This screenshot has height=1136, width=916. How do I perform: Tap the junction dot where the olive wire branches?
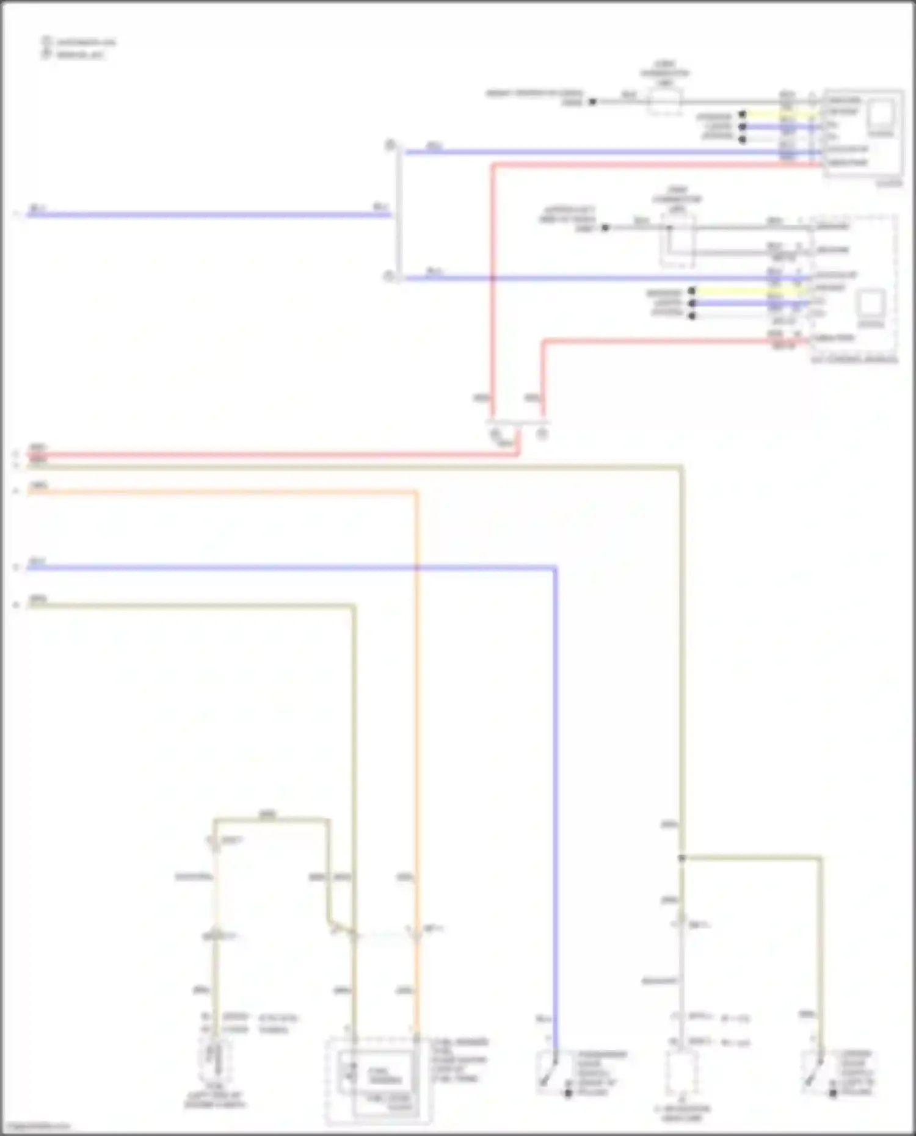click(682, 858)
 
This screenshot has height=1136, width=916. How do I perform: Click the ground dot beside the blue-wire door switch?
click(569, 1093)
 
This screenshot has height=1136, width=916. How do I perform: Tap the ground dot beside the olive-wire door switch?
click(834, 1093)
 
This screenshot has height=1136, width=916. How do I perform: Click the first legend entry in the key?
click(79, 42)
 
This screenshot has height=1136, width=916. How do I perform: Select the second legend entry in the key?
click(76, 54)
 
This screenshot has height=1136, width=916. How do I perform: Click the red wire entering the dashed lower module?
click(672, 341)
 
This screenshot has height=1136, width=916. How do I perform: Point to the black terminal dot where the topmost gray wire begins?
click(592, 102)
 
